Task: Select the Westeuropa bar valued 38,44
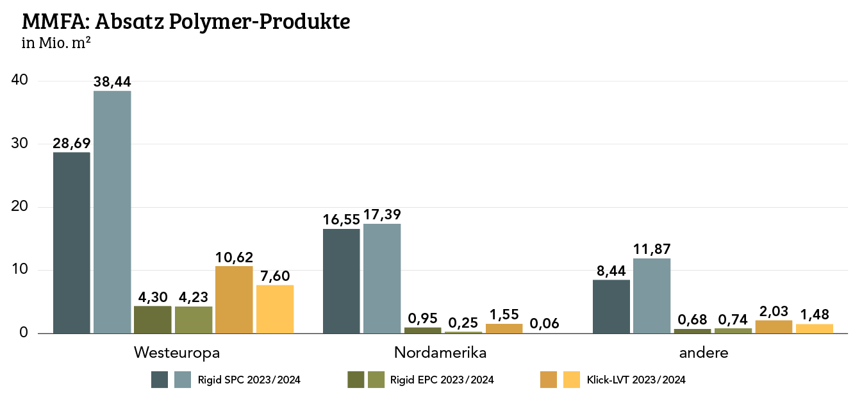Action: tap(112, 212)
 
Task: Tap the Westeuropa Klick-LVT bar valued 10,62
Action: tap(234, 299)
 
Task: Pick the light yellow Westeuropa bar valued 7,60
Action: tap(275, 309)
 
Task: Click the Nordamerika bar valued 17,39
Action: tap(382, 278)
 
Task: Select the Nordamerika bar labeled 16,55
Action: tap(341, 281)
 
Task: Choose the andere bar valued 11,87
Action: tap(652, 296)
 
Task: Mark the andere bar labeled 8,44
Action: tap(611, 307)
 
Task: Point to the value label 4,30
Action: tap(153, 298)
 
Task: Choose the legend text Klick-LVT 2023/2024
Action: tap(636, 380)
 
